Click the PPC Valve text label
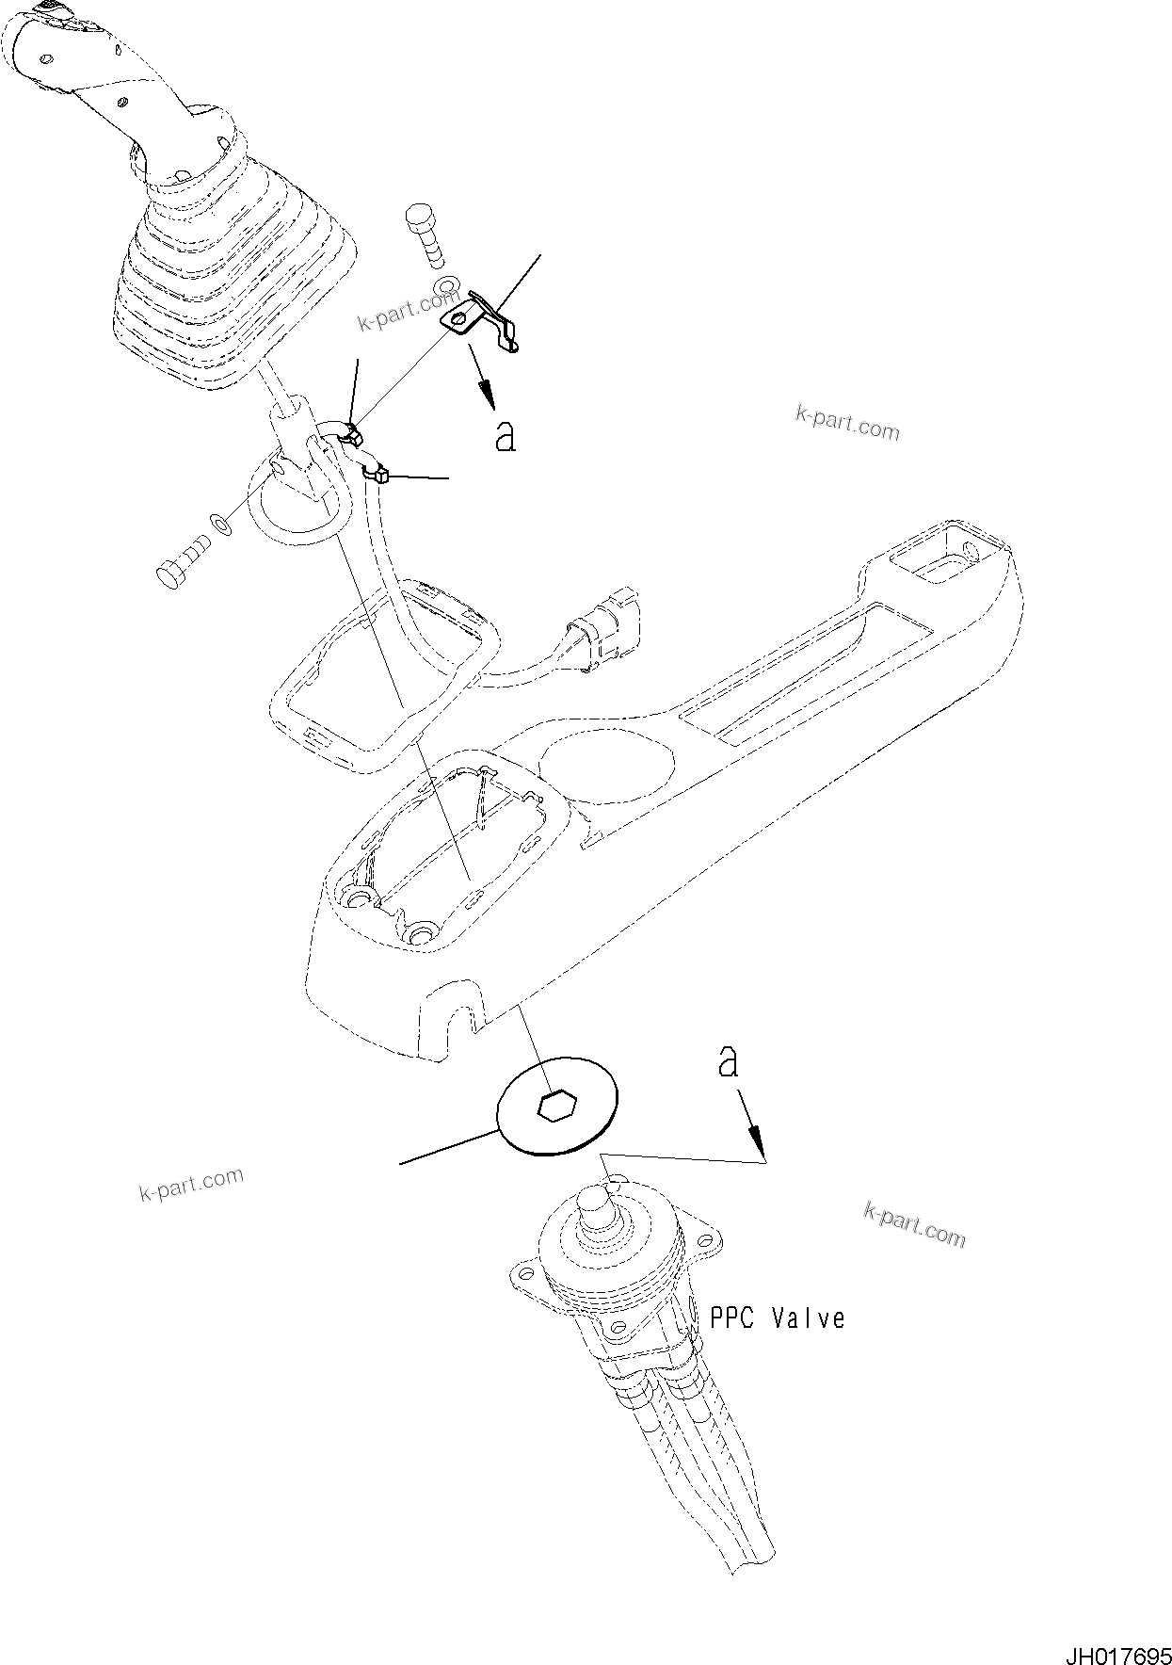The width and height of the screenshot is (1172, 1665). tap(777, 1317)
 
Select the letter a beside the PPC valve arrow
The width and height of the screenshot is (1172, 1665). tap(728, 1062)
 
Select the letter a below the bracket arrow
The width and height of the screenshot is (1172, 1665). tap(506, 436)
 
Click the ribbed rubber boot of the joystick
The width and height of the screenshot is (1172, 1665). tap(235, 273)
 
